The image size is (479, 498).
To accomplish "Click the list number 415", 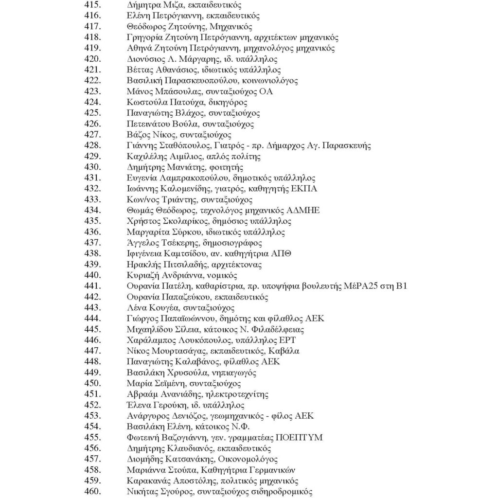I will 92,5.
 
